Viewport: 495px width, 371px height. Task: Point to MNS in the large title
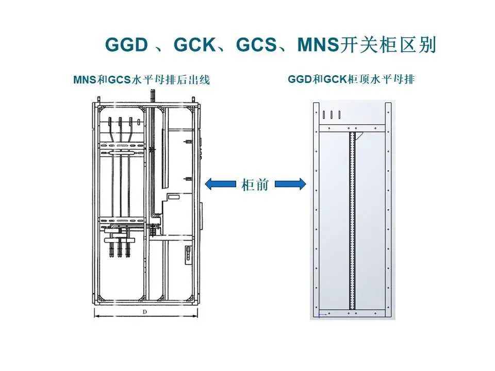pyautogui.click(x=319, y=45)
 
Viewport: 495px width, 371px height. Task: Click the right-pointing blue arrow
pyautogui.click(x=290, y=183)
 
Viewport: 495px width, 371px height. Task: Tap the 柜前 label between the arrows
pyautogui.click(x=255, y=184)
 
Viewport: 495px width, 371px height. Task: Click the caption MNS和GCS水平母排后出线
pyautogui.click(x=142, y=80)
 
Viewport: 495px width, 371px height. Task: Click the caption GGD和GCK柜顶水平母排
pyautogui.click(x=352, y=80)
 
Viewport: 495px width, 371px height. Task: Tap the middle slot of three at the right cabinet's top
pyautogui.click(x=332, y=114)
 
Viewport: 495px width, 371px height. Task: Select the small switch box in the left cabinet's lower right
pyautogui.click(x=188, y=253)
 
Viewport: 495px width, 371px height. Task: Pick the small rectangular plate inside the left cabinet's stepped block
pyautogui.click(x=174, y=196)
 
